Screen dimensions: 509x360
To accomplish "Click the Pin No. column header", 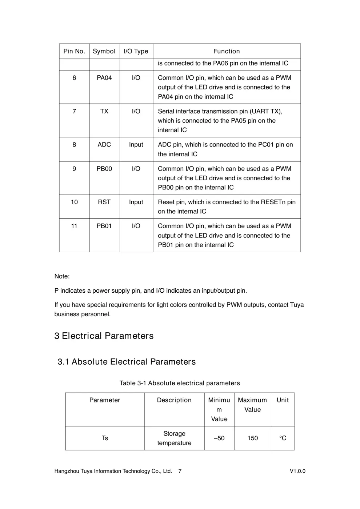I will tap(74, 51).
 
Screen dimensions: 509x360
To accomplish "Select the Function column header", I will tap(226, 51).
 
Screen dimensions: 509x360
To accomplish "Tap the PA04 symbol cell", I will tap(104, 78).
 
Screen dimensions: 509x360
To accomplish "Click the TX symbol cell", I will tap(104, 111).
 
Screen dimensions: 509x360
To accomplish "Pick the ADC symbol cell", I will tap(104, 145).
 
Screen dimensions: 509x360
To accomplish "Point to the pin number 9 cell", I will tap(74, 169).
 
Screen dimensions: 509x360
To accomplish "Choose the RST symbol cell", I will tap(104, 202).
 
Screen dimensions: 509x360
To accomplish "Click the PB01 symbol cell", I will tap(104, 226).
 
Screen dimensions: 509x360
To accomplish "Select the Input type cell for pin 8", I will tap(136, 145).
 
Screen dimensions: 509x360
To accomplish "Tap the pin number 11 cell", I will tap(74, 226).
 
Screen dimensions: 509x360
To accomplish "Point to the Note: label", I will tap(62, 276).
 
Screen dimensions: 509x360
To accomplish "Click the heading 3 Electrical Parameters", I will tap(104, 336).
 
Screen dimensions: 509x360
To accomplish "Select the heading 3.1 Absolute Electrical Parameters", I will tap(127, 362).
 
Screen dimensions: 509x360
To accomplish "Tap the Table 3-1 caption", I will tap(180, 383).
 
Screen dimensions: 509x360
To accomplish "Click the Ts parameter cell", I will tap(105, 438).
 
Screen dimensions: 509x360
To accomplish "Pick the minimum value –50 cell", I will tap(219, 438).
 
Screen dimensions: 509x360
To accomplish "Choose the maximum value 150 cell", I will tap(252, 438).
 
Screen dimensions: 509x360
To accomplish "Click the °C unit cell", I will tap(283, 438).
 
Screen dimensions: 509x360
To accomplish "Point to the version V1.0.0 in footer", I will tap(297, 471).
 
